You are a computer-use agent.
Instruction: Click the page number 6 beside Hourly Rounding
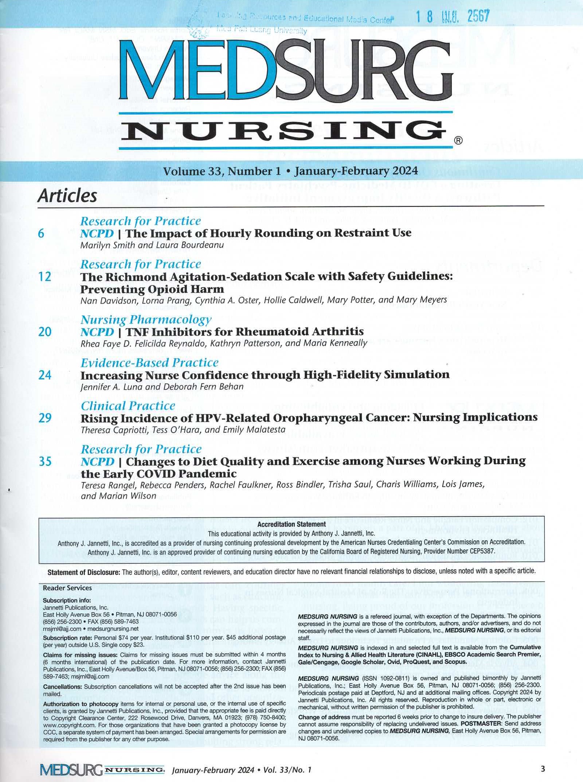tap(41, 233)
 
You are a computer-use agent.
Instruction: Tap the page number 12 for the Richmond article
tap(45, 277)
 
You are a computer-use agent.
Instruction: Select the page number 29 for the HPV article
tap(45, 418)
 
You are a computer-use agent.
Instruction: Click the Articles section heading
tap(67, 196)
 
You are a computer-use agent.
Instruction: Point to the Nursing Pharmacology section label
tap(146, 320)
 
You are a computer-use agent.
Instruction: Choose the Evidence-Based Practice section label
tap(149, 363)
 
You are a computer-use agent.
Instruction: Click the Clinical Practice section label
tap(128, 406)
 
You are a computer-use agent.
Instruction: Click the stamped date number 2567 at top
tap(478, 16)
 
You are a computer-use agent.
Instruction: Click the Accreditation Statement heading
tap(291, 524)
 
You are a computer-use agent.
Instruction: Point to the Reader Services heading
tap(67, 588)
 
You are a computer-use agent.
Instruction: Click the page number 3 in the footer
tap(543, 769)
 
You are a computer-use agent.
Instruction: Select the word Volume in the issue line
tap(184, 171)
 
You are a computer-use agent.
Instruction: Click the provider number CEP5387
tap(481, 551)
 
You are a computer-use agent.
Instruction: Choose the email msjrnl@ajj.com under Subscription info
tap(62, 629)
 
